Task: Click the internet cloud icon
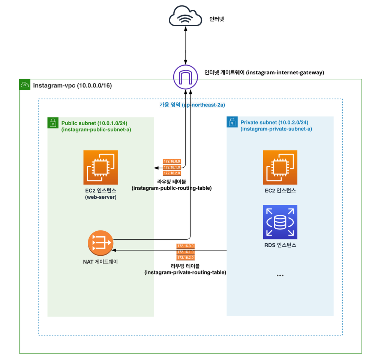(x=186, y=17)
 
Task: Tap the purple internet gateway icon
(x=186, y=77)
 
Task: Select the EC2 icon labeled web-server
(x=100, y=167)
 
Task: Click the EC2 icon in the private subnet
(x=280, y=167)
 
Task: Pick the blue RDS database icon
(x=280, y=222)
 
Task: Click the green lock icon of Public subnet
(x=53, y=123)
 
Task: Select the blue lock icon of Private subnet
(x=232, y=122)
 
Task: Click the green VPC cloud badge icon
(x=25, y=85)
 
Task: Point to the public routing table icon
(x=172, y=167)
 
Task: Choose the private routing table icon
(x=185, y=252)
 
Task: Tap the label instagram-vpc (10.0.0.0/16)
(x=72, y=85)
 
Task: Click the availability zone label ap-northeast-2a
(x=204, y=105)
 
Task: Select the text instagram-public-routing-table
(x=172, y=188)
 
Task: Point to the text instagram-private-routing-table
(x=185, y=273)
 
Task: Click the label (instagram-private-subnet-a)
(x=276, y=129)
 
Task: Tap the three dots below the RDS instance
(x=280, y=276)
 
